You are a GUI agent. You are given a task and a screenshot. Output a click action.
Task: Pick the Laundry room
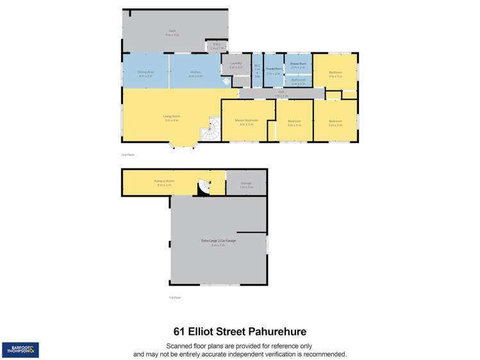[236, 66]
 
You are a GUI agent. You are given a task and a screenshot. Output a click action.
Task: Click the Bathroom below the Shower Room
[298, 81]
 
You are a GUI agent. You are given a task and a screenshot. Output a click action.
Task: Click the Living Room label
[172, 117]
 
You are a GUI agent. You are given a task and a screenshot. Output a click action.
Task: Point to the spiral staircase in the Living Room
[210, 133]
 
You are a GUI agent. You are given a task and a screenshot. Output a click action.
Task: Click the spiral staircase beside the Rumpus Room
[203, 186]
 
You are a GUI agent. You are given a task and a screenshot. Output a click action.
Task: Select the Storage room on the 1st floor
[246, 184]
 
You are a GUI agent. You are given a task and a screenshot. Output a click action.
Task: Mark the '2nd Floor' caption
[128, 154]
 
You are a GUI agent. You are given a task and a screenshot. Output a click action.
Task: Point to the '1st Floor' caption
[175, 297]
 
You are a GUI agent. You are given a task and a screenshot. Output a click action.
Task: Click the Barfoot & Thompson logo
[20, 350]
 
